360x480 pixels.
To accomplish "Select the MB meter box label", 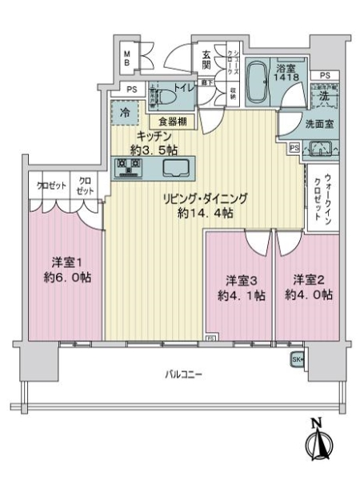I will [x=126, y=58].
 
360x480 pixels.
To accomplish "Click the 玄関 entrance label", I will [x=206, y=59].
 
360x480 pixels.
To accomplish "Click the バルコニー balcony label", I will [x=184, y=374].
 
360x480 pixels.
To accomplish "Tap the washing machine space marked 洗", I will [x=323, y=94].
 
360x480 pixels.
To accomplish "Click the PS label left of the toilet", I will [x=129, y=90].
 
